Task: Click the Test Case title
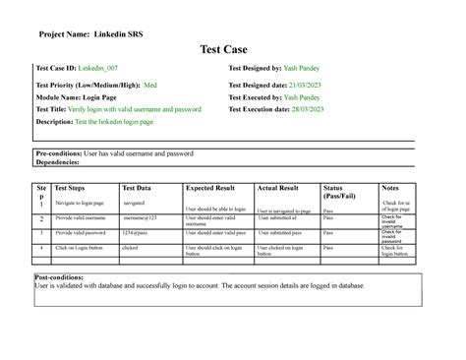[x=232, y=48]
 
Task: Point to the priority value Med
[x=150, y=86]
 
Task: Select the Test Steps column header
[x=76, y=187]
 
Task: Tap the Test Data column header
[x=137, y=187]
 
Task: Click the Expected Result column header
[x=210, y=187]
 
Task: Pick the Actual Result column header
[x=277, y=187]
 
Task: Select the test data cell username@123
[x=139, y=217]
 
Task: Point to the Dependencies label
[x=64, y=161]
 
